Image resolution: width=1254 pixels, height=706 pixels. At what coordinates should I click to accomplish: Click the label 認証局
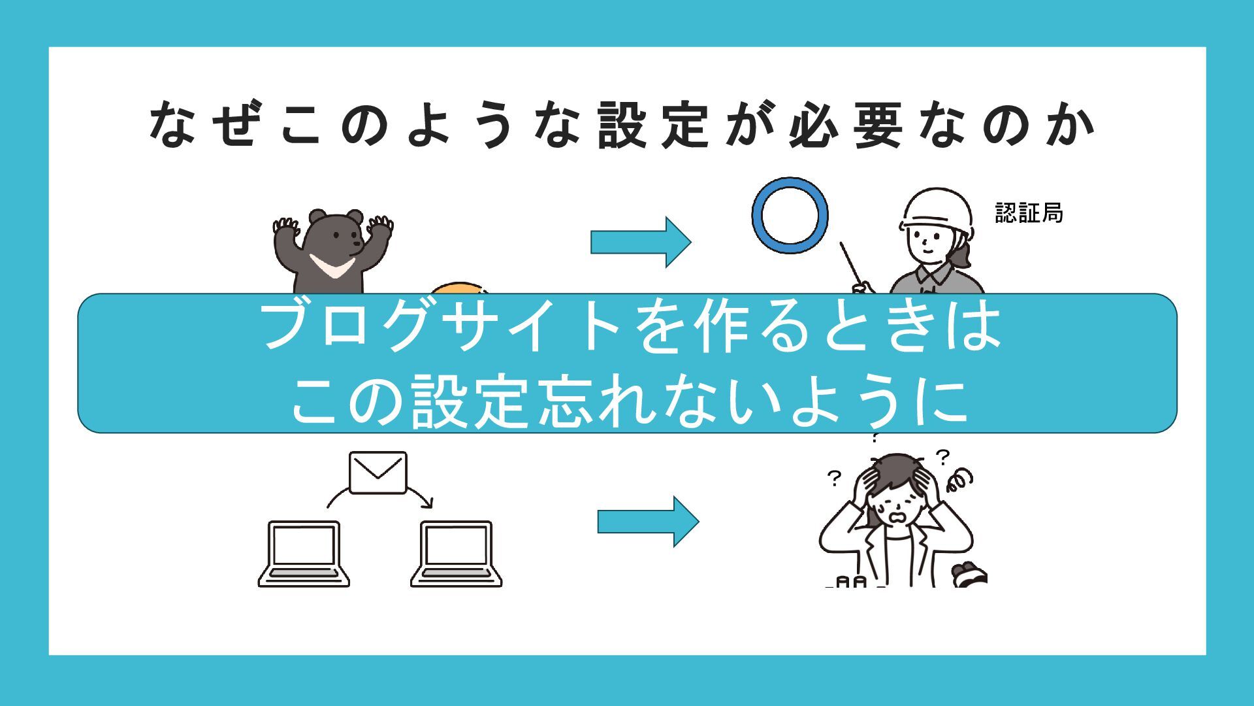click(x=1029, y=213)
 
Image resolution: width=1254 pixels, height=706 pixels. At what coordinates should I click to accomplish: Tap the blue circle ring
click(x=790, y=216)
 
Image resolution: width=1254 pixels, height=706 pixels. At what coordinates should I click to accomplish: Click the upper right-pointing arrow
click(x=640, y=242)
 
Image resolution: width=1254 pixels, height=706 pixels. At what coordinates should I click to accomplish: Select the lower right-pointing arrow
click(x=647, y=522)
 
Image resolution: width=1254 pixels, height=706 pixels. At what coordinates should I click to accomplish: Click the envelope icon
click(x=378, y=472)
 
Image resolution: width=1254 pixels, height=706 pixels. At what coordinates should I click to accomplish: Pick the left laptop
click(x=304, y=554)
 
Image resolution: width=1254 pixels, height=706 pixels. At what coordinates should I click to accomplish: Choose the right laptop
click(x=457, y=554)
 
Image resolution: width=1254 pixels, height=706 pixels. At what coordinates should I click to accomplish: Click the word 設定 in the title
click(x=653, y=124)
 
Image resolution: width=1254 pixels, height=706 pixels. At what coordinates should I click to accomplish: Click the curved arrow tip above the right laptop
click(x=428, y=503)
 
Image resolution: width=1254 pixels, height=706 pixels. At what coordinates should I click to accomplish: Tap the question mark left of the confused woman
click(x=834, y=479)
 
